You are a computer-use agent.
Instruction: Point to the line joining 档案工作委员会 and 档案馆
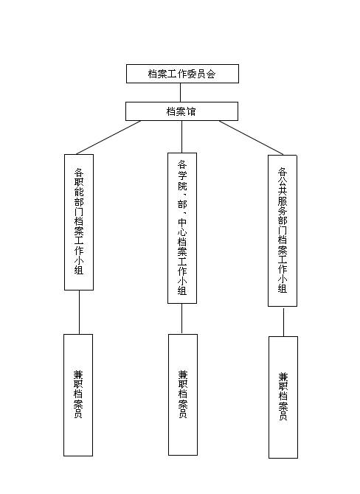(180, 92)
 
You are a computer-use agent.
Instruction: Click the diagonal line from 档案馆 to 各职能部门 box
(108, 137)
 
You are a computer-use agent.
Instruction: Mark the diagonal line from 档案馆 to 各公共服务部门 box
(251, 138)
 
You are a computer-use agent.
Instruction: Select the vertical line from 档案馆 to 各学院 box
(182, 136)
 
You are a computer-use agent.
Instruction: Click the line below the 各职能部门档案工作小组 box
(79, 312)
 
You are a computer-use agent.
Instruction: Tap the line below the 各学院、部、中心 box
(182, 319)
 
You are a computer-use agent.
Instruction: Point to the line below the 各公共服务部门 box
(283, 322)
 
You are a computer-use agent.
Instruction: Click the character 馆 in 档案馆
(191, 111)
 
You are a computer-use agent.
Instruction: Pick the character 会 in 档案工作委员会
(211, 74)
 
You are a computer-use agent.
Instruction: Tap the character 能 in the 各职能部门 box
(79, 192)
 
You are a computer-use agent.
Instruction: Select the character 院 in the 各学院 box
(182, 186)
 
